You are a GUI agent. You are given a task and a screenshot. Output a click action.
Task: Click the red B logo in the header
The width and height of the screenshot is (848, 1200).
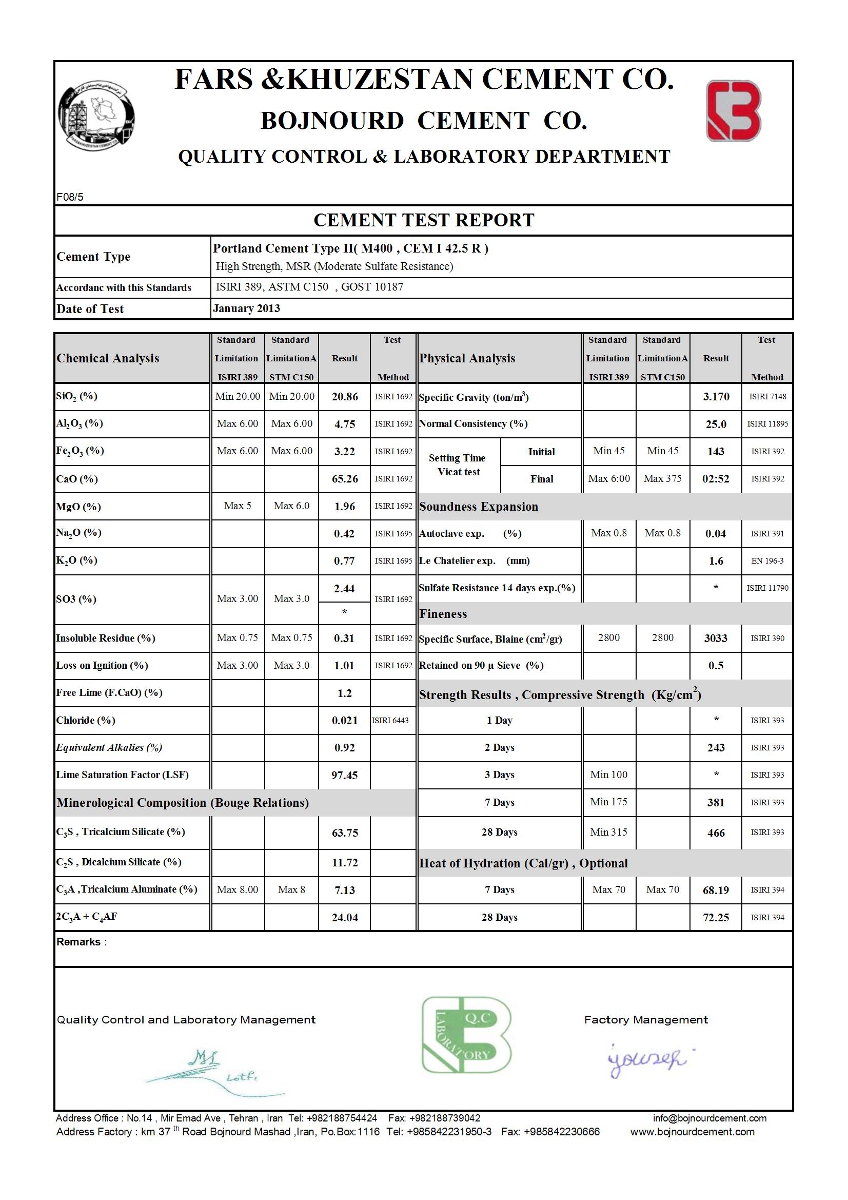(734, 111)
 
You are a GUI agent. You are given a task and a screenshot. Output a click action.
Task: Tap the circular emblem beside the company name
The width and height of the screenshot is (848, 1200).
(96, 116)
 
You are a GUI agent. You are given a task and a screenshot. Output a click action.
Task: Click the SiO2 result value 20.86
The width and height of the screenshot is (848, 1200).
(345, 397)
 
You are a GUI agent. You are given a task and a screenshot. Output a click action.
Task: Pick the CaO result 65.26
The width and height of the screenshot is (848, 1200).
(345, 479)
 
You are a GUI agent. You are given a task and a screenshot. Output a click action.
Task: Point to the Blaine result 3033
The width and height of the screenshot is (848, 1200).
(715, 638)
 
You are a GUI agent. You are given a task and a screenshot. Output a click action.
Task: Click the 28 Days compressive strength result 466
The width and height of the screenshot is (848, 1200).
(715, 833)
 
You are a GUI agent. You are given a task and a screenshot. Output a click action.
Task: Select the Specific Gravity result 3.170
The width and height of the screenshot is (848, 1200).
(716, 397)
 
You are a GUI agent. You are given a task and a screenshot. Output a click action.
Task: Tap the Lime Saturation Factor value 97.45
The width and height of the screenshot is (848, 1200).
(345, 775)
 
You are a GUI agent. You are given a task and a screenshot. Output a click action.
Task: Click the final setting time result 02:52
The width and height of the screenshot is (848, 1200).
(715, 479)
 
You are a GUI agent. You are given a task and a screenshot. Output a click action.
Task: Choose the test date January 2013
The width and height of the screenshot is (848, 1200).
(246, 308)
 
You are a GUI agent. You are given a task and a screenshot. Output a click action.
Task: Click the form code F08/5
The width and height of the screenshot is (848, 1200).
(70, 197)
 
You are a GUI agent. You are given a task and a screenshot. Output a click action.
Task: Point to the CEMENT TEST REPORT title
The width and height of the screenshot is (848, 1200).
(424, 220)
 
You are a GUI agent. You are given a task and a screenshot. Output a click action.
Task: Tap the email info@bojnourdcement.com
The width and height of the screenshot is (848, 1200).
(709, 1118)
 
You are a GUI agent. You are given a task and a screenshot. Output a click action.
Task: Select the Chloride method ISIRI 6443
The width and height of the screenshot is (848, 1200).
(390, 721)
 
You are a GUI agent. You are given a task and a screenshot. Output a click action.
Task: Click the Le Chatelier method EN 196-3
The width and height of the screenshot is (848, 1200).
(767, 561)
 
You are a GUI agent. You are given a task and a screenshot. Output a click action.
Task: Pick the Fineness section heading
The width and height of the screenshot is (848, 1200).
(443, 613)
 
